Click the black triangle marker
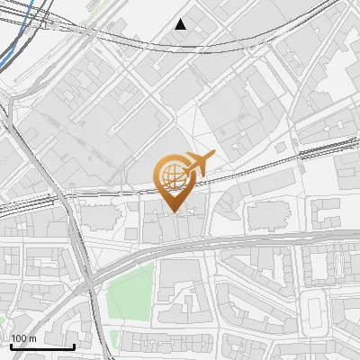click(181, 24)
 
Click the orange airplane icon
click(199, 163)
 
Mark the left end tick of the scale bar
click(12, 346)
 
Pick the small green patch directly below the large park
click(114, 340)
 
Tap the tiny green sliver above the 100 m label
click(3, 320)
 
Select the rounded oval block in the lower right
click(314, 310)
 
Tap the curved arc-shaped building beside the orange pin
click(229, 202)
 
